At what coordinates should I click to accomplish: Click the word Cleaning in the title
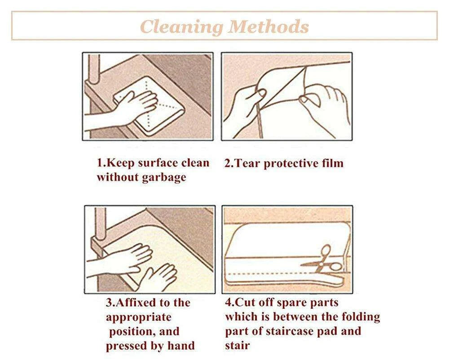(x=181, y=27)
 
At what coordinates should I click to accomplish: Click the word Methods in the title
(x=269, y=26)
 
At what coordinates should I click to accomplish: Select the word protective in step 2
(x=287, y=164)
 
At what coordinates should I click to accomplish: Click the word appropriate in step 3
(x=139, y=318)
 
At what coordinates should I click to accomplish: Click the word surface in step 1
(x=158, y=163)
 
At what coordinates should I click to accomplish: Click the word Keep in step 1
(x=121, y=163)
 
